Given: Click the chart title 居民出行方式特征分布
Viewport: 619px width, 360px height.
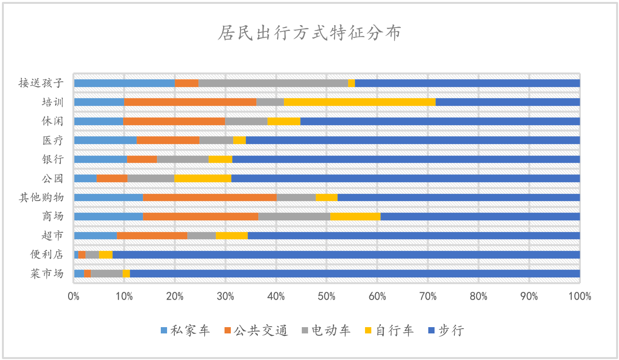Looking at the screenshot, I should click(309, 33).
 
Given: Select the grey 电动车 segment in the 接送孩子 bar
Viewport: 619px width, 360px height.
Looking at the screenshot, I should click(273, 83).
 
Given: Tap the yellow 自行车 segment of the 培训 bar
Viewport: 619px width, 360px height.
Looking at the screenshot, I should click(359, 102).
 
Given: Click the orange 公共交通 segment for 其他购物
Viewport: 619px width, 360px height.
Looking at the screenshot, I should click(210, 197).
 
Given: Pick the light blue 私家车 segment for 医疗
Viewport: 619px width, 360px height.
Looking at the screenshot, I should click(105, 140).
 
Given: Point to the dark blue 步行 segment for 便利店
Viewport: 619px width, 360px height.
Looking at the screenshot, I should click(346, 255).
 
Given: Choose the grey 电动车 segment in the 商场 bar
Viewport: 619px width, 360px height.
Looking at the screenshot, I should click(294, 216).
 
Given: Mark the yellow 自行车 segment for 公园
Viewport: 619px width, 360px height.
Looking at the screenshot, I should click(203, 178).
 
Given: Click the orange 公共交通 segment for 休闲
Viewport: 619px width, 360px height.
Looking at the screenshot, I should click(174, 121).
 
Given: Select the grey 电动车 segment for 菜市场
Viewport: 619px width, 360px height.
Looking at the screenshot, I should click(106, 274).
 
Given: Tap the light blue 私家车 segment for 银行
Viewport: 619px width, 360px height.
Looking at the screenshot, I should click(100, 159).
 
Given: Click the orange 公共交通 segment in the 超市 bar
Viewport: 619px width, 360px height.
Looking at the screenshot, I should click(152, 235).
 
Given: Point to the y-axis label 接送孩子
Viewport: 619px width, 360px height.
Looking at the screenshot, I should click(42, 83).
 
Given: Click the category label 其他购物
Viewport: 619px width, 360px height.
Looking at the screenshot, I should click(42, 197).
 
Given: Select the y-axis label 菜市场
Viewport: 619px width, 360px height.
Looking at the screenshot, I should click(47, 274).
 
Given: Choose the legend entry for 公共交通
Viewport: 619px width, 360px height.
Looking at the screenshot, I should click(256, 331).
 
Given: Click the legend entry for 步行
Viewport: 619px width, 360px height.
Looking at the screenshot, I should click(446, 331).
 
